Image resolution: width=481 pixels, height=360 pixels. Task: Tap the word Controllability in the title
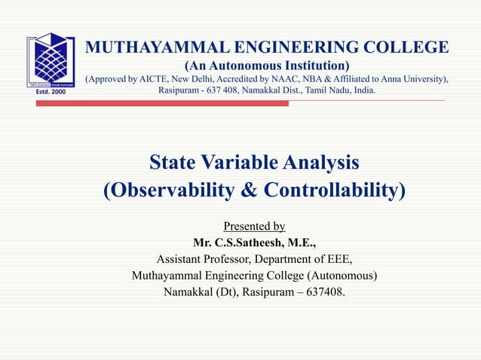335,191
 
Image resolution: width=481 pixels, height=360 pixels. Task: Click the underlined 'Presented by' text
254,226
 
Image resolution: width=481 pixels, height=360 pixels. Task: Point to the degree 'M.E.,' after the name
300,243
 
